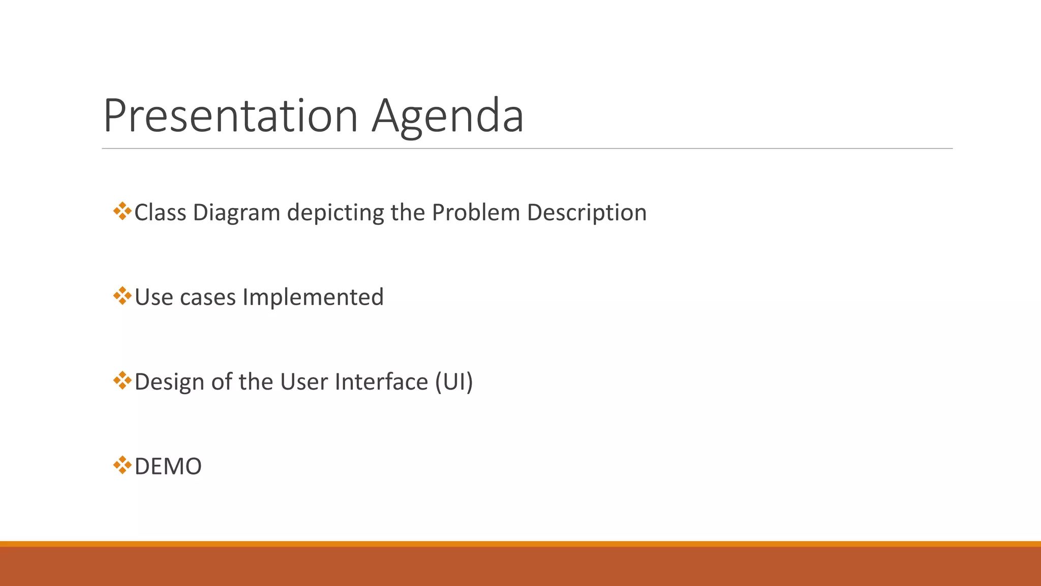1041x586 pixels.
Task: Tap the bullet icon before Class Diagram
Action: click(x=122, y=211)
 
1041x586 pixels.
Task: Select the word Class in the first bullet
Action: click(x=160, y=213)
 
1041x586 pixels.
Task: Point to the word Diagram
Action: click(x=236, y=213)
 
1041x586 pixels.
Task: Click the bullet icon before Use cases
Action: click(x=122, y=296)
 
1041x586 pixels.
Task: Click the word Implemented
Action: click(x=313, y=297)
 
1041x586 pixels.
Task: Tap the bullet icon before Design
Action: click(x=122, y=380)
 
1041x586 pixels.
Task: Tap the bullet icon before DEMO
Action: click(x=122, y=464)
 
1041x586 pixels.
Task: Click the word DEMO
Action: click(x=168, y=466)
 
